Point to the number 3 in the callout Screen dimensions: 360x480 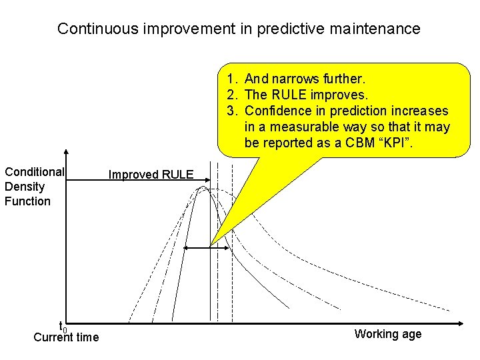[229, 111]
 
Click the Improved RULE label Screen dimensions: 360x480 [151, 175]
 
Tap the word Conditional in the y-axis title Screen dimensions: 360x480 [35, 172]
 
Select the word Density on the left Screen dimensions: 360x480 [25, 187]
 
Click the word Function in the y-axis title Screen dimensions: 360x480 [27, 201]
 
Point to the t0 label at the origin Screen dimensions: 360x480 [63, 327]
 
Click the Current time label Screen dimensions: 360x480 [66, 337]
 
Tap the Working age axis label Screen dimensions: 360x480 [388, 334]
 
